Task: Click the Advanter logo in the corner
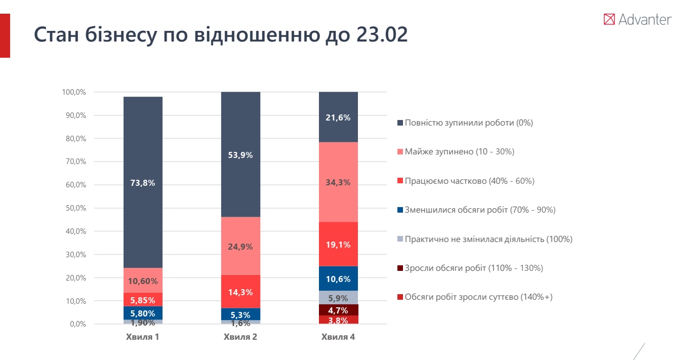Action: pyautogui.click(x=637, y=20)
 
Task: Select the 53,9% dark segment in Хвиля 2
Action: pyautogui.click(x=240, y=154)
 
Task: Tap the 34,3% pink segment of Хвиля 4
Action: pyautogui.click(x=338, y=182)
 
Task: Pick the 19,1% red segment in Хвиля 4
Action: pyautogui.click(x=338, y=244)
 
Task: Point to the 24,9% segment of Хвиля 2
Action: pyautogui.click(x=240, y=246)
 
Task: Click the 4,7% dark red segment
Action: pyautogui.click(x=338, y=310)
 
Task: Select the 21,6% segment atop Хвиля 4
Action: pyautogui.click(x=338, y=117)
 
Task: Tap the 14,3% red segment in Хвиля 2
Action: pyautogui.click(x=240, y=292)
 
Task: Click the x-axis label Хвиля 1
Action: pyautogui.click(x=143, y=337)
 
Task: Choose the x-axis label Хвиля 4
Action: pyautogui.click(x=338, y=337)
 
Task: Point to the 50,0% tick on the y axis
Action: pyautogui.click(x=74, y=208)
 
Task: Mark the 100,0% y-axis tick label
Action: pyautogui.click(x=74, y=92)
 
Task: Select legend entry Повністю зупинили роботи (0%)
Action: pyautogui.click(x=468, y=123)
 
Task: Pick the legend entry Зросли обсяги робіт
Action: pyautogui.click(x=473, y=268)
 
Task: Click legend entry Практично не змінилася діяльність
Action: pyautogui.click(x=488, y=239)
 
